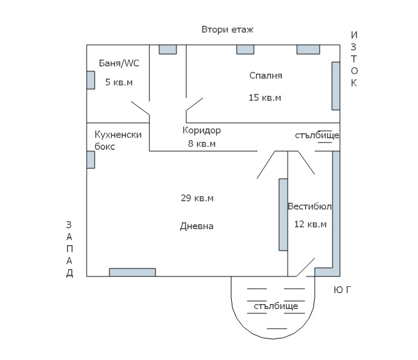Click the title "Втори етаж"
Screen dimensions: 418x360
(x=227, y=29)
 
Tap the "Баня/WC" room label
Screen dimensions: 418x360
(x=119, y=63)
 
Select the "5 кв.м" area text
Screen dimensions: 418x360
(x=119, y=82)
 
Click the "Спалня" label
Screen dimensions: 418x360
(x=266, y=76)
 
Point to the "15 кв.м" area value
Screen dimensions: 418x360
(x=265, y=98)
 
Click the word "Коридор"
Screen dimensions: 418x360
(x=202, y=131)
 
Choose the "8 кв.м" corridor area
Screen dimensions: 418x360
(x=202, y=144)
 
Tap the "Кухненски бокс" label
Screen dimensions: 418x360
(x=118, y=141)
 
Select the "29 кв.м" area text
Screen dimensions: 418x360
(x=197, y=198)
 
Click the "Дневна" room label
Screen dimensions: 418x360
(x=197, y=226)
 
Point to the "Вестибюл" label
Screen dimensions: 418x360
(x=310, y=206)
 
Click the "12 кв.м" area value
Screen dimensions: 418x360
(x=310, y=224)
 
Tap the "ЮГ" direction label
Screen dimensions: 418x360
(x=342, y=289)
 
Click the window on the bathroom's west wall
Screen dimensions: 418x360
(x=90, y=80)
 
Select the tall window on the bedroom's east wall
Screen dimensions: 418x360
(x=336, y=86)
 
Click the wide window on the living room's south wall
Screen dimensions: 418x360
(x=132, y=272)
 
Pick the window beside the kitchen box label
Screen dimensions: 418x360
(x=90, y=160)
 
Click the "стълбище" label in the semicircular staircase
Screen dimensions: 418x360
(x=276, y=306)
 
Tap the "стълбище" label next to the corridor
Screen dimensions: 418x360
(x=317, y=135)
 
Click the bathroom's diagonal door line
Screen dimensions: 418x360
(x=140, y=108)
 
